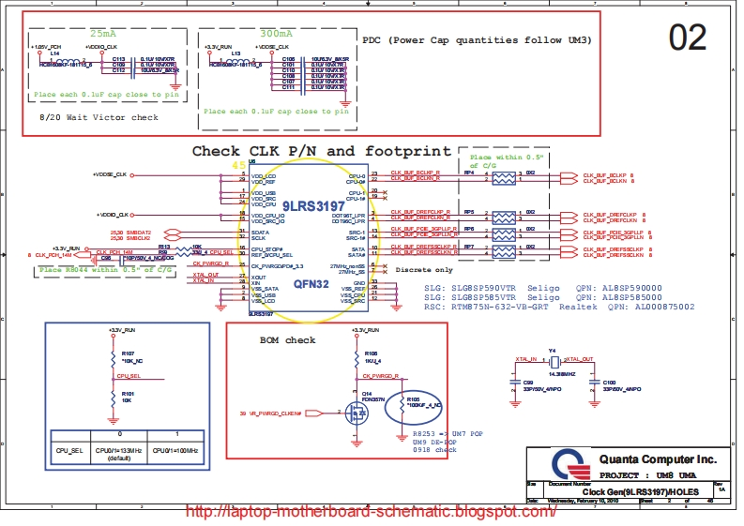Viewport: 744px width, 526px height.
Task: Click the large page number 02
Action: coord(687,38)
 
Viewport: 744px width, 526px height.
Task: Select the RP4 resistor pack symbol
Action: coord(505,176)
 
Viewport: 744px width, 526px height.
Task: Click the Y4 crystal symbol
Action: coord(554,362)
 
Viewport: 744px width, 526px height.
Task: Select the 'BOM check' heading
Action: coord(287,339)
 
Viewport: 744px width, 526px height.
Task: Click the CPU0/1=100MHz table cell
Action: coord(178,451)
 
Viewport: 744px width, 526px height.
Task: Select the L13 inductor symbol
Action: coord(237,58)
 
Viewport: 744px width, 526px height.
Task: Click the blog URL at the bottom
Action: coord(372,512)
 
